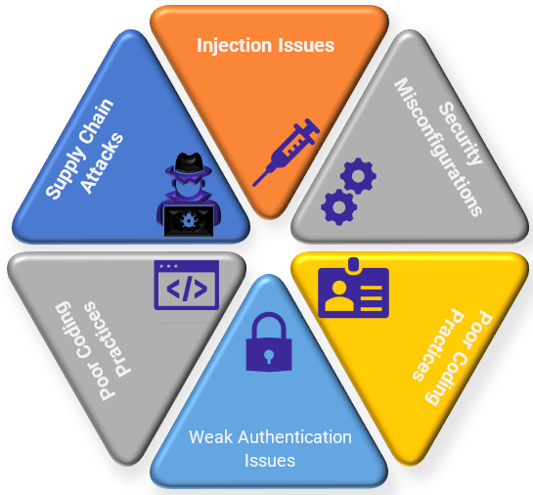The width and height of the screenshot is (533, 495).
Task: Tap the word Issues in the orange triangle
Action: pyautogui.click(x=306, y=45)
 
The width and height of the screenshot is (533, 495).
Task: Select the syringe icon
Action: pyautogui.click(x=287, y=152)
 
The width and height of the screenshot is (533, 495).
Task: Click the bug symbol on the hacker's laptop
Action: pyautogui.click(x=188, y=220)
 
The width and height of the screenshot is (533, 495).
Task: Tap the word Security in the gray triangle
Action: pyautogui.click(x=461, y=134)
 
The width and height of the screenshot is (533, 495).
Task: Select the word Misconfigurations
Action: pyautogui.click(x=438, y=147)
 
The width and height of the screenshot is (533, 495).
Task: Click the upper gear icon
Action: pyautogui.click(x=358, y=176)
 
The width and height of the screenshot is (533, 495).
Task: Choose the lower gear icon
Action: pyautogui.click(x=339, y=207)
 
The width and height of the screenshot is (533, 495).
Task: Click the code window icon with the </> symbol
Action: pyautogui.click(x=186, y=285)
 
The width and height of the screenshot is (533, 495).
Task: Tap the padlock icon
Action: pyautogui.click(x=269, y=341)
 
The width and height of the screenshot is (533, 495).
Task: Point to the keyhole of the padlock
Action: pyautogui.click(x=269, y=356)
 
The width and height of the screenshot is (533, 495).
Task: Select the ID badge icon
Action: pyautogui.click(x=353, y=288)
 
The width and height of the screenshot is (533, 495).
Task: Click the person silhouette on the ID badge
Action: pyautogui.click(x=338, y=295)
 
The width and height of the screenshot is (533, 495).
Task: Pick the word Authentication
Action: pyautogui.click(x=294, y=437)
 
